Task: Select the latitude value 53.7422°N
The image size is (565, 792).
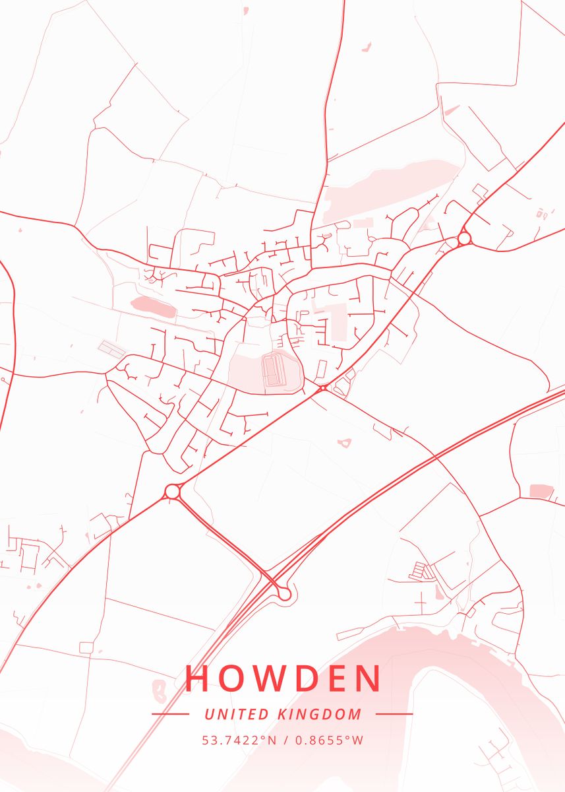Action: pyautogui.click(x=239, y=740)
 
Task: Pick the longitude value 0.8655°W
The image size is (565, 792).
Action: pyautogui.click(x=329, y=740)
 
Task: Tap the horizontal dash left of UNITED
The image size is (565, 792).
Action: pyautogui.click(x=170, y=714)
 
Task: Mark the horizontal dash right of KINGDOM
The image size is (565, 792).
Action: pyautogui.click(x=394, y=714)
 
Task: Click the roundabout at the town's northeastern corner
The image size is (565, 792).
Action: pyautogui.click(x=464, y=238)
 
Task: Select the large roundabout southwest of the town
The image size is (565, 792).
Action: pyautogui.click(x=173, y=491)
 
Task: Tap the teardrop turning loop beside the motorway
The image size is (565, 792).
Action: pyautogui.click(x=284, y=593)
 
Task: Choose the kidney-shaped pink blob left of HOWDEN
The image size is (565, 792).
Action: pyautogui.click(x=159, y=690)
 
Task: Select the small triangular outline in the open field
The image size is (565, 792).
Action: pyautogui.click(x=343, y=443)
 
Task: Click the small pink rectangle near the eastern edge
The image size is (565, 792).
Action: pyautogui.click(x=541, y=491)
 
